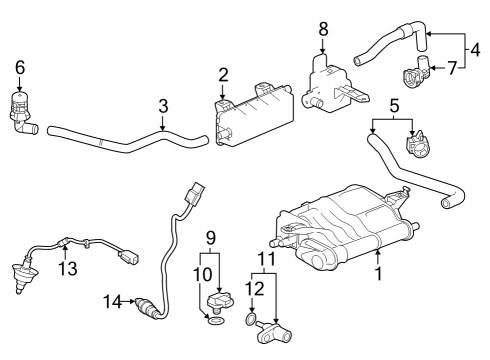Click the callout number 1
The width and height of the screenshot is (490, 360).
(378, 273)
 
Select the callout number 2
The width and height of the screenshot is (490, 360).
(223, 75)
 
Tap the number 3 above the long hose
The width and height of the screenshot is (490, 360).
(163, 106)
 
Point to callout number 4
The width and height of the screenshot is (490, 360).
(476, 50)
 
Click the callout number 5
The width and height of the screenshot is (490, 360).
(394, 106)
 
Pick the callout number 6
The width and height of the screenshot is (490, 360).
(20, 67)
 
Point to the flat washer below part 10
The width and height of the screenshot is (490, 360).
(216, 322)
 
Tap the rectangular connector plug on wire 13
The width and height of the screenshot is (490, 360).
(128, 257)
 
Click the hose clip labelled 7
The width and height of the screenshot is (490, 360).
(416, 73)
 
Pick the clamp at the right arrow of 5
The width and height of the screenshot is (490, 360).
(418, 144)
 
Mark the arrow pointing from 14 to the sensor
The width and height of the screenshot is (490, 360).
(128, 302)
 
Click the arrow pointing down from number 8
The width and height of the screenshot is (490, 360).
(323, 45)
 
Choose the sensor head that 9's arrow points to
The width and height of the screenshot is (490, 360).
(221, 301)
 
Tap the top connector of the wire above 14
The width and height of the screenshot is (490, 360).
(195, 192)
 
